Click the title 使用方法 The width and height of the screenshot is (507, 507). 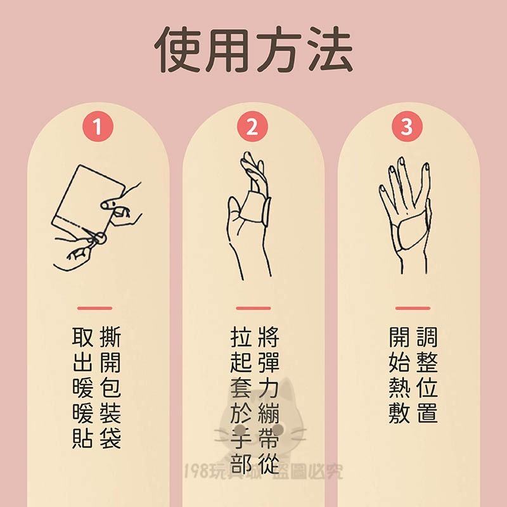[253, 50]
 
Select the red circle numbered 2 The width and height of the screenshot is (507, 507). [252, 127]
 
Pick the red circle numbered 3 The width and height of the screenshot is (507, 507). [406, 127]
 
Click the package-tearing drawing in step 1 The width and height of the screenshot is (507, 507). [95, 215]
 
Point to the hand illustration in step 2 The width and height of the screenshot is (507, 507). [250, 212]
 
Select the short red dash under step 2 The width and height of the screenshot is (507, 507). [253, 309]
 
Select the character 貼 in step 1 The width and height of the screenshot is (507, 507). [82, 438]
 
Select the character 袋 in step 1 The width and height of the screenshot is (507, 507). [110, 438]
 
